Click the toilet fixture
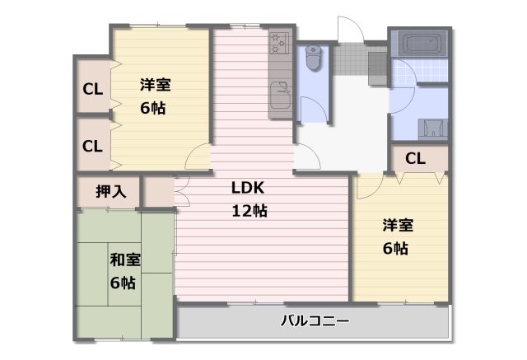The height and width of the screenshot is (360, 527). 313,57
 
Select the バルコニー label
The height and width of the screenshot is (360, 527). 315,320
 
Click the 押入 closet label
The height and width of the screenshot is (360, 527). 110,191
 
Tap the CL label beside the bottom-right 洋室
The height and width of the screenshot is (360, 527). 415,158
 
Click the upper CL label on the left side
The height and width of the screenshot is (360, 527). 92,88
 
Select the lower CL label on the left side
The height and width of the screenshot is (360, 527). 92,146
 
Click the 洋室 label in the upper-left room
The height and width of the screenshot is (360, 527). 155,85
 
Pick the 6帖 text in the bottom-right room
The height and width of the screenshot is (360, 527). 395,249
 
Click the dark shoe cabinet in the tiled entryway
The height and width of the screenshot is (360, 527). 378,64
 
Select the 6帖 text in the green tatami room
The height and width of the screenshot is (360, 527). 124,283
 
